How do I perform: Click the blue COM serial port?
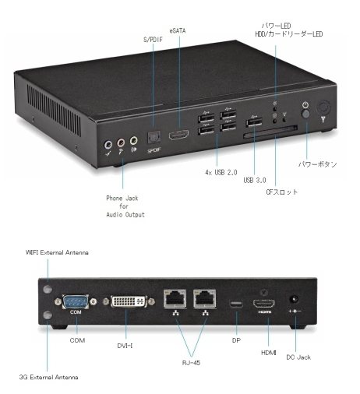tap(76, 302)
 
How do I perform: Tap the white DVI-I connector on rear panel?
tap(129, 301)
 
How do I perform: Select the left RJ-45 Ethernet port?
tap(175, 298)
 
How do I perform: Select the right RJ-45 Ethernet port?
tap(205, 298)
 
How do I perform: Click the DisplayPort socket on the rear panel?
tap(236, 304)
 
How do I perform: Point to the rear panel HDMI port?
tap(264, 304)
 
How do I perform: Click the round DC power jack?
tap(294, 299)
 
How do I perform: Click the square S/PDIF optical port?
tap(154, 137)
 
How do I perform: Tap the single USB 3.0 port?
tap(254, 122)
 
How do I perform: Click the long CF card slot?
tap(270, 132)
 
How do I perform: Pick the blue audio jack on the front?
tap(108, 144)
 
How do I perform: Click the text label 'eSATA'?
tap(178, 31)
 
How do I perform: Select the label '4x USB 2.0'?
tap(221, 172)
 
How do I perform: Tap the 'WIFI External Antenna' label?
tap(57, 252)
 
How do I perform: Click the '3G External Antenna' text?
tap(48, 377)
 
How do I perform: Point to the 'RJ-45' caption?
tap(191, 363)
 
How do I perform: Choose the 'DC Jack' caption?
tap(298, 357)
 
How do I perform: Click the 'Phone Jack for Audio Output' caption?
tap(125, 206)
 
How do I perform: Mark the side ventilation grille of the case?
tap(54, 110)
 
